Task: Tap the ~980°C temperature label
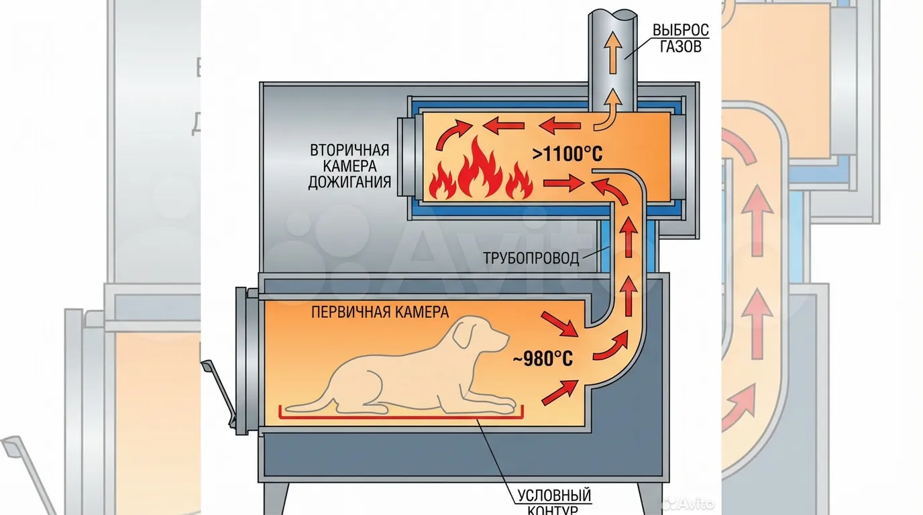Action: [x=543, y=359]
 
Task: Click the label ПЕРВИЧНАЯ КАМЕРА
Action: [x=380, y=312]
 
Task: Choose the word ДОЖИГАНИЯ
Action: [x=349, y=182]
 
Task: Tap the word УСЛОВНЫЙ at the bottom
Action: [x=554, y=496]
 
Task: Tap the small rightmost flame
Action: [x=517, y=182]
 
